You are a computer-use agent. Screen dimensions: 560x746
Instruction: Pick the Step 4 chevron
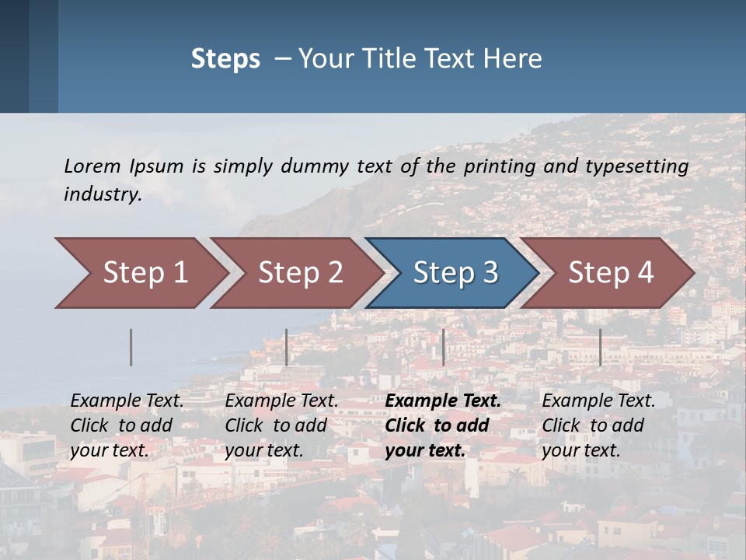[609, 273]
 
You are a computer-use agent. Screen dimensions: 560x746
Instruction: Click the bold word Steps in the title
[225, 59]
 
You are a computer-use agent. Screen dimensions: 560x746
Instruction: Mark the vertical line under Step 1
[131, 347]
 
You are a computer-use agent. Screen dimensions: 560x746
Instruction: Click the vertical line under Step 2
[287, 347]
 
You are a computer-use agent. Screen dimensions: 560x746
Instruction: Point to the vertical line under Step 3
[443, 347]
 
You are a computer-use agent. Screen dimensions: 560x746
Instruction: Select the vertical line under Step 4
[600, 347]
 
